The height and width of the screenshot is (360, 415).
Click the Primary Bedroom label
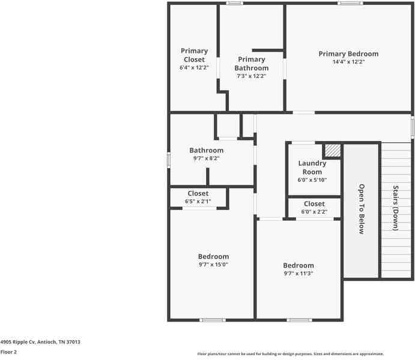coord(348,54)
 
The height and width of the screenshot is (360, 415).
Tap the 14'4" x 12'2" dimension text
coord(348,62)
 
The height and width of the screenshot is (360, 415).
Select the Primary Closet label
coord(194,55)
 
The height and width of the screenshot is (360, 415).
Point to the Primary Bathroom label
coord(252,64)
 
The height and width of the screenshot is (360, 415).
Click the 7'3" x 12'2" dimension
coord(252,76)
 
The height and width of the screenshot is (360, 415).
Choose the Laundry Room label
coord(312,167)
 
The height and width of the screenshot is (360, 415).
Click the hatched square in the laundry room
coord(332,150)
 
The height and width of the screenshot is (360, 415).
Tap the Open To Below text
coord(362,209)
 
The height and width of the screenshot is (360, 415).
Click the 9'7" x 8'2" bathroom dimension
coord(206,158)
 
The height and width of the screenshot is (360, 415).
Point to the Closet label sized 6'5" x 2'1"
coord(198,193)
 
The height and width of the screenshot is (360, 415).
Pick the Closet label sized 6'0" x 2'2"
coord(314,204)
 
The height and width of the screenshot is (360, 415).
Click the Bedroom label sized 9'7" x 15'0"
coord(213,257)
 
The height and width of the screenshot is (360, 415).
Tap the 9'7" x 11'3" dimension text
coord(298,274)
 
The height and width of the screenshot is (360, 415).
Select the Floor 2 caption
coord(8,352)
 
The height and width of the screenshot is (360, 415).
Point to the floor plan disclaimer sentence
coord(291,354)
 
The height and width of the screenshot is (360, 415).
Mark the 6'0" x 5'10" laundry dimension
coord(312,180)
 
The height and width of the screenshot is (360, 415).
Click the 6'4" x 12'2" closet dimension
coord(194,68)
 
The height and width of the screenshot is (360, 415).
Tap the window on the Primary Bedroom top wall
coord(350,4)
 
